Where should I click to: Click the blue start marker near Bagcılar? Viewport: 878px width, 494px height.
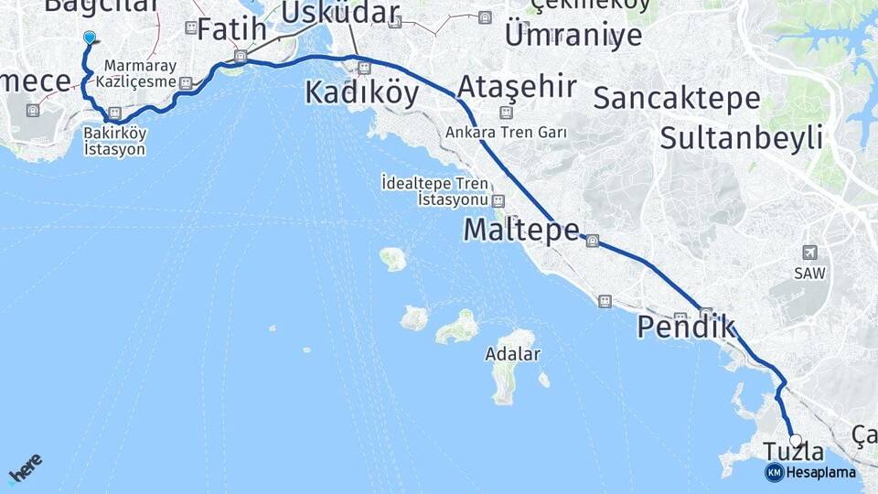tap(89, 38)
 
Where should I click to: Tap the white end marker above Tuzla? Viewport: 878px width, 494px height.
tap(795, 440)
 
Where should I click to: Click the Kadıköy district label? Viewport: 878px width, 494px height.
tap(362, 92)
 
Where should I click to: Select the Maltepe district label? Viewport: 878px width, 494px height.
tap(521, 230)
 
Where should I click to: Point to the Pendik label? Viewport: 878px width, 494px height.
tap(686, 327)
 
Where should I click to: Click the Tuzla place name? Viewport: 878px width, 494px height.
tap(793, 452)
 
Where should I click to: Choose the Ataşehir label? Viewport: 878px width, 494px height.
tap(517, 88)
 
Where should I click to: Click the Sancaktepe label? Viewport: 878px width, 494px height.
tap(677, 98)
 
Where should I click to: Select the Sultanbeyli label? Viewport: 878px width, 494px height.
tap(741, 138)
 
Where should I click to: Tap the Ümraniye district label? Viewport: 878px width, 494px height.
tap(573, 35)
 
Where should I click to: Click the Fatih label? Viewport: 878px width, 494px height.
tap(232, 29)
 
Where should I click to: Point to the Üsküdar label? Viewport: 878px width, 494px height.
tap(340, 12)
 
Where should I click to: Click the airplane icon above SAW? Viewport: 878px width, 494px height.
tap(808, 252)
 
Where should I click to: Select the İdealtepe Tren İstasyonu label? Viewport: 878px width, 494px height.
tap(434, 191)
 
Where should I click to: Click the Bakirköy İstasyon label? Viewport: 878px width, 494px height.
tap(114, 141)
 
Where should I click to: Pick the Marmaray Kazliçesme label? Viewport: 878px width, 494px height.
tap(140, 74)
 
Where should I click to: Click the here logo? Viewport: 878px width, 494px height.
tap(25, 467)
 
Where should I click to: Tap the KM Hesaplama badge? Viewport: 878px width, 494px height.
tap(810, 472)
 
